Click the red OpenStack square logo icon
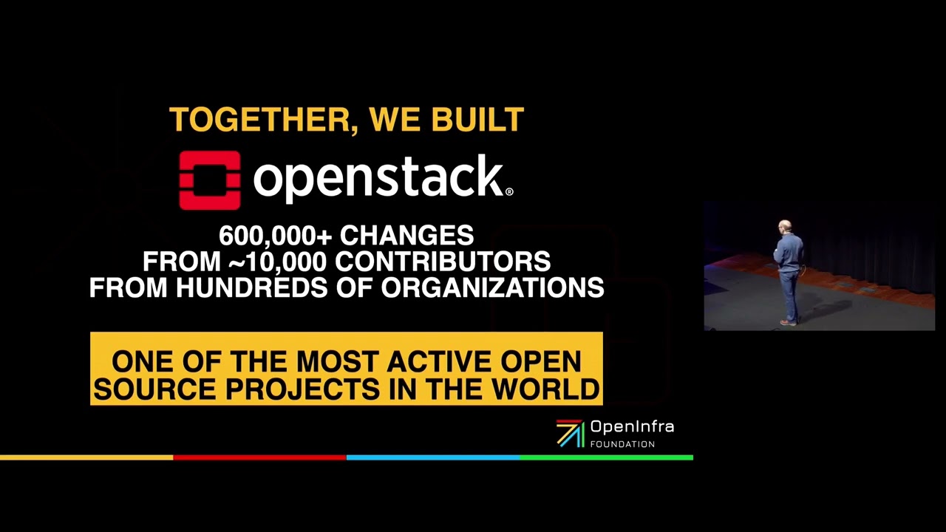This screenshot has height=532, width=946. tap(210, 180)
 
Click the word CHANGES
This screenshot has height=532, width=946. tap(406, 236)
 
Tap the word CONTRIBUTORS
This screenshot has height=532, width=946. tap(443, 262)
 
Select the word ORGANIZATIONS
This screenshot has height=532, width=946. tap(492, 287)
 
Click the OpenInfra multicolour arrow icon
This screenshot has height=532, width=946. tap(570, 434)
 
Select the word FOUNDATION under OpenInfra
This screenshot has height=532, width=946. tap(622, 444)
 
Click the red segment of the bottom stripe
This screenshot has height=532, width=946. tap(259, 457)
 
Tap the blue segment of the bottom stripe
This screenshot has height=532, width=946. tap(432, 457)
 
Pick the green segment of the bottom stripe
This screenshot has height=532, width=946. tap(606, 457)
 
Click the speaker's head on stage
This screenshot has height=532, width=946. tap(785, 226)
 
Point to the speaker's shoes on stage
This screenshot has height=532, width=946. tap(789, 322)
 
